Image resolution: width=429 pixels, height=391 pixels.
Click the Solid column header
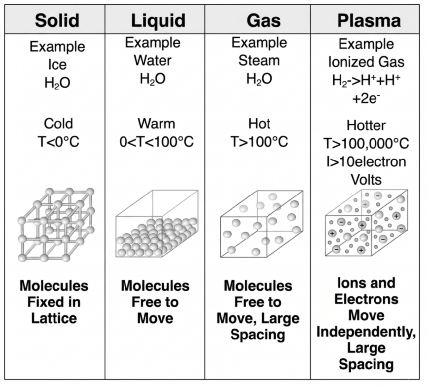(x=57, y=20)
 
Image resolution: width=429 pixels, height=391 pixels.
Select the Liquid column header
(x=158, y=20)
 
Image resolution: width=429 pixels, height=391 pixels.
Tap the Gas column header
(x=264, y=20)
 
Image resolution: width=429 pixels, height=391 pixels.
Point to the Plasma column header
(x=369, y=20)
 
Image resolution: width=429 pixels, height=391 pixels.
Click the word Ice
(x=57, y=65)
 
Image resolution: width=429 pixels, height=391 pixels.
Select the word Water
(x=153, y=60)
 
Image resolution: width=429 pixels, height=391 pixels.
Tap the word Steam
(x=259, y=60)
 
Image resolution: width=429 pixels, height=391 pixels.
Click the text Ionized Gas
(x=366, y=62)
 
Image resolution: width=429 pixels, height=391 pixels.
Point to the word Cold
(x=58, y=124)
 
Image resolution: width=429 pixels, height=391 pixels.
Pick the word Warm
(x=156, y=124)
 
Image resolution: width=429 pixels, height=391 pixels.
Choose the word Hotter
(x=366, y=125)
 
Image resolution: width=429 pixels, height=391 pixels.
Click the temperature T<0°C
(x=58, y=142)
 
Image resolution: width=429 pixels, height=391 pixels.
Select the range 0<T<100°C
(x=156, y=142)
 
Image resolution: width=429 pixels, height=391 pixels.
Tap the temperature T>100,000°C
(x=366, y=143)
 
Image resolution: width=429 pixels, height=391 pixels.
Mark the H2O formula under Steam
(x=259, y=79)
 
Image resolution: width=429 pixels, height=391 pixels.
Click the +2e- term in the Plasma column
(x=366, y=99)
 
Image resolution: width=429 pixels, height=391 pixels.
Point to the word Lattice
(x=54, y=318)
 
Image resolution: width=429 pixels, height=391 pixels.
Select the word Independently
(x=366, y=332)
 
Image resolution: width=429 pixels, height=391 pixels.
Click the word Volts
(x=366, y=180)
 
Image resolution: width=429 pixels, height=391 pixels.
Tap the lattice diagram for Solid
(x=56, y=225)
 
